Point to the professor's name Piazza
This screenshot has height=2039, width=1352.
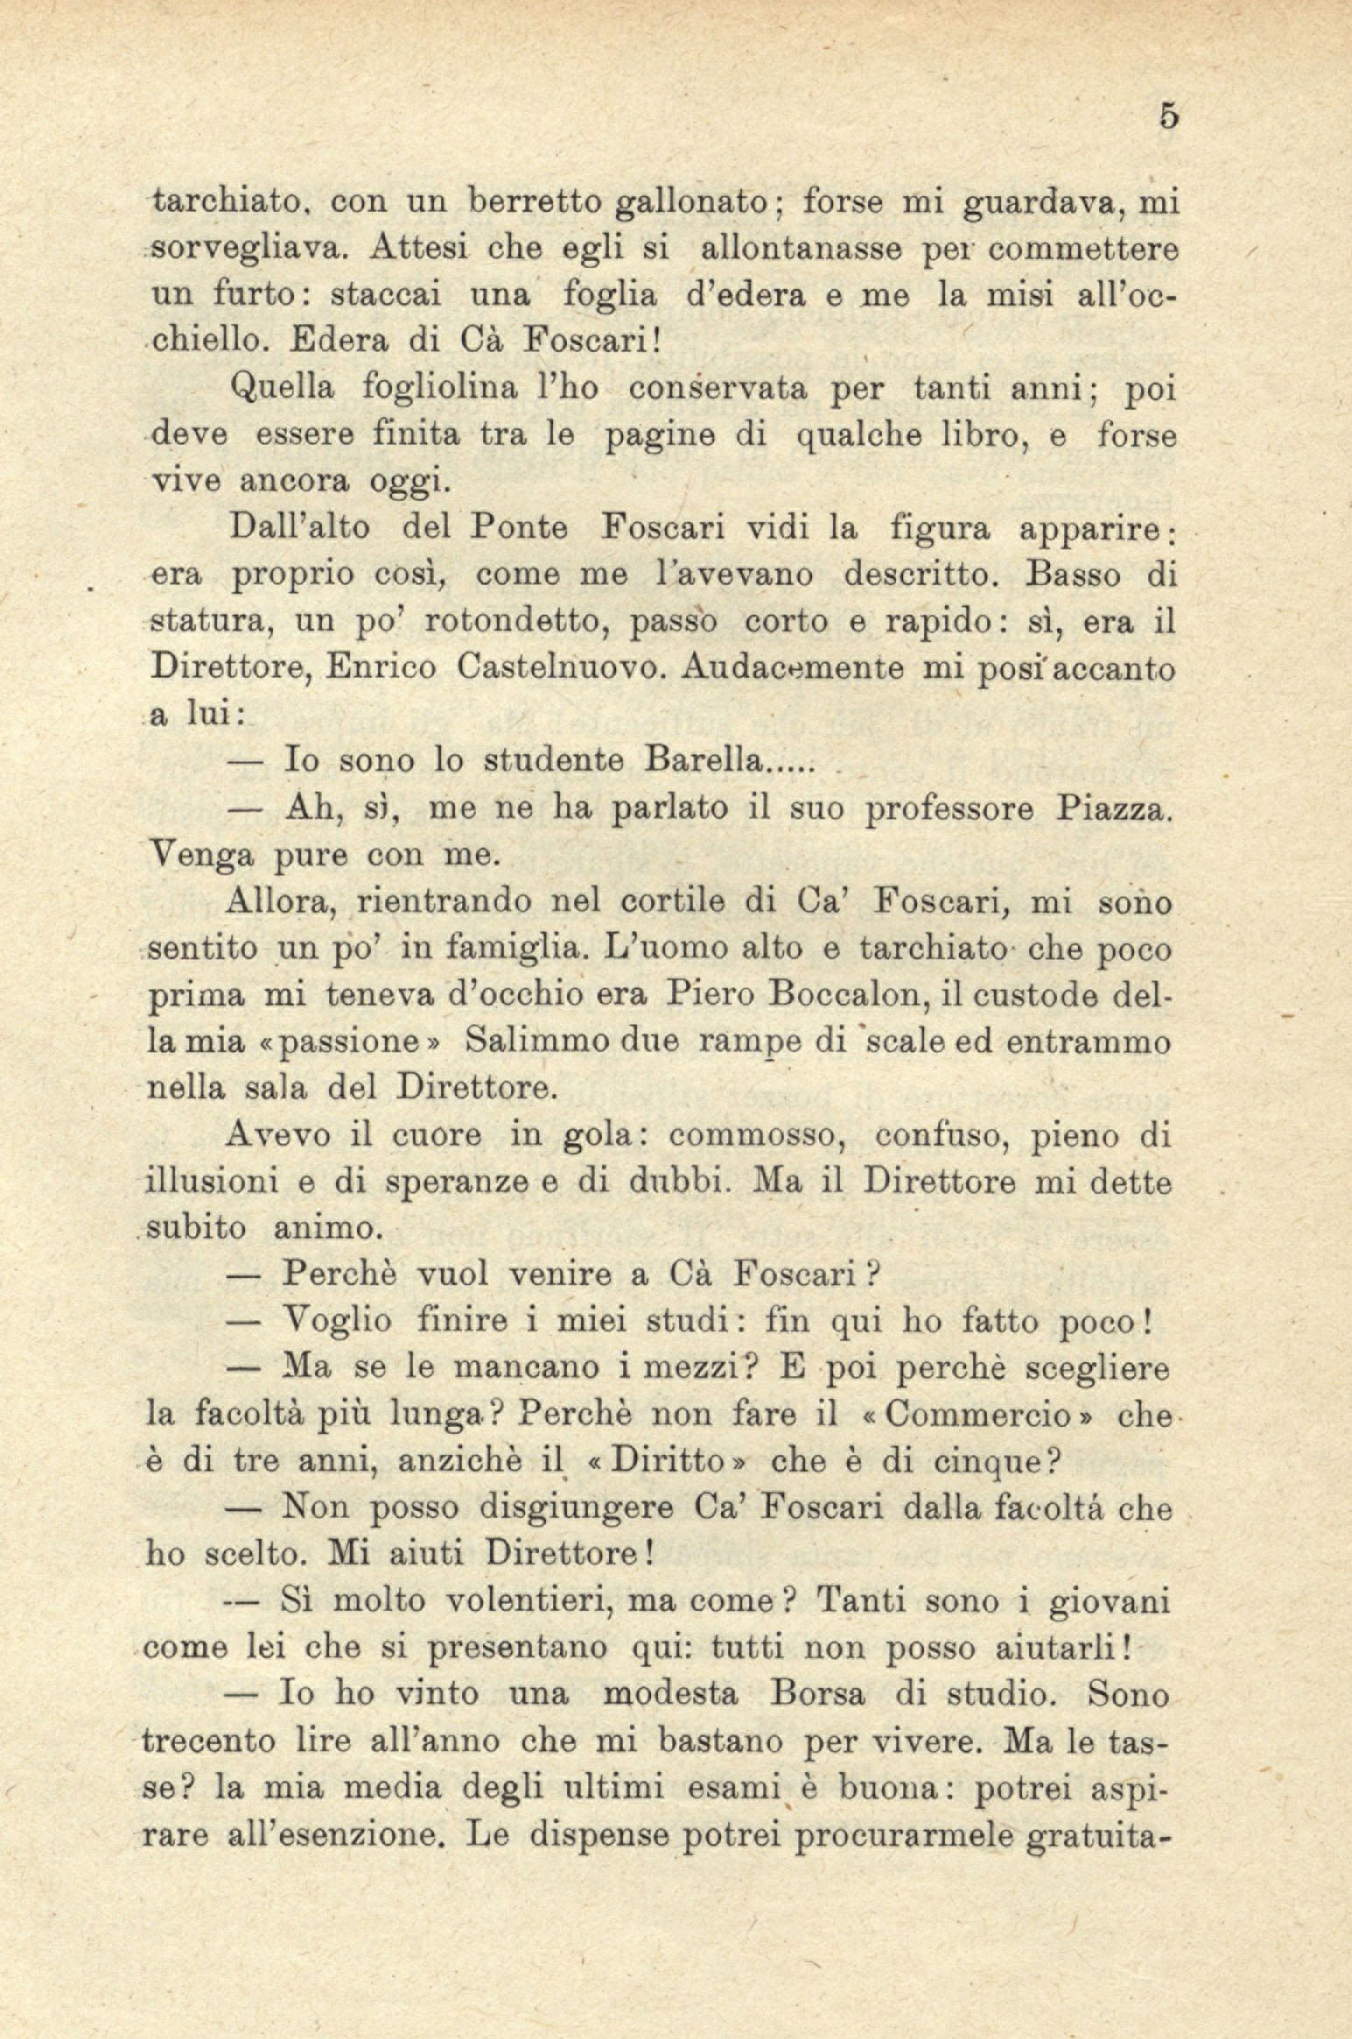(x=1110, y=807)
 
